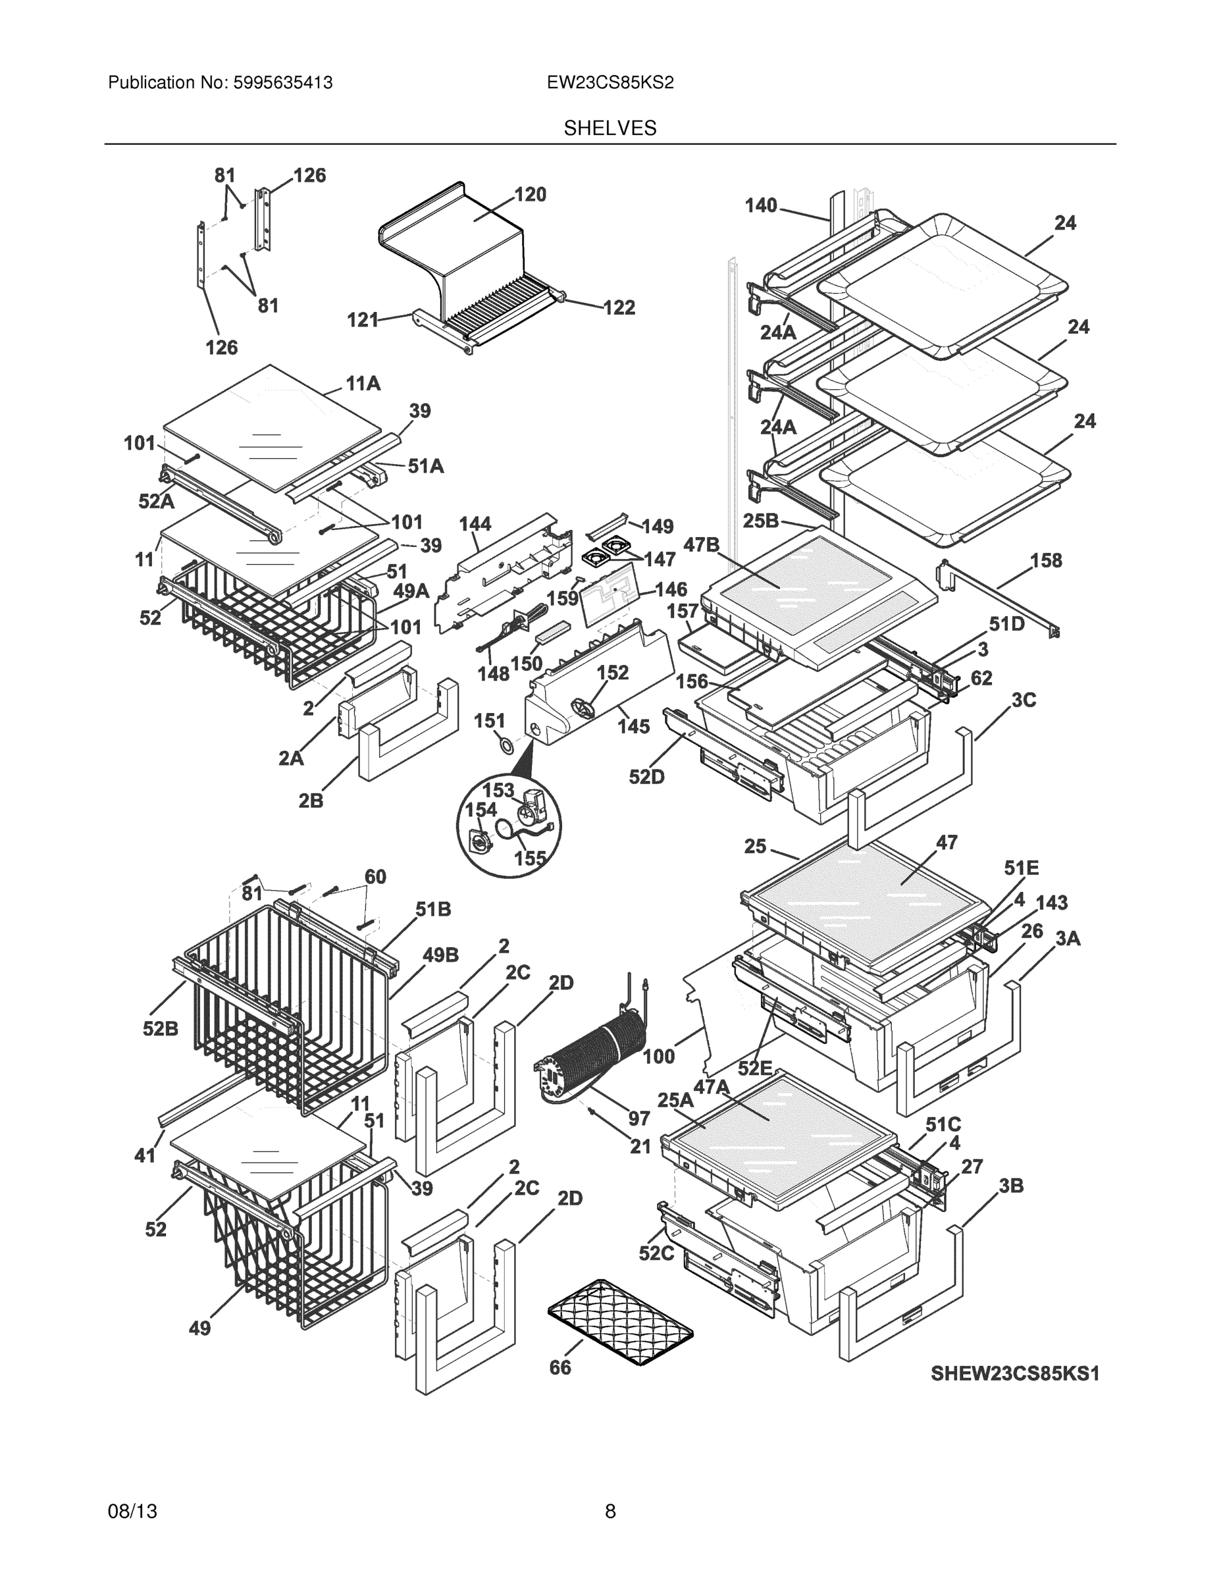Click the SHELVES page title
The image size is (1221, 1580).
tap(610, 128)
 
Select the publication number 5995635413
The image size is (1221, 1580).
tap(282, 82)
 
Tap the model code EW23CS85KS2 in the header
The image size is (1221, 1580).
tap(610, 82)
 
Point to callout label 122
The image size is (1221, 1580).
tap(619, 307)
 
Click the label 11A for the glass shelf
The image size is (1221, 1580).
tap(363, 383)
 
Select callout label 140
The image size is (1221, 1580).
tap(760, 205)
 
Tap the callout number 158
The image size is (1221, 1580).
tap(1046, 560)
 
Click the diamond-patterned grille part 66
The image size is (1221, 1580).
tap(619, 1322)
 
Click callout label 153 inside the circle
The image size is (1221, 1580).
tap(498, 790)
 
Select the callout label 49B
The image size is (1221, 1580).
tap(440, 955)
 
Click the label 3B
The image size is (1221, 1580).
tap(1010, 1186)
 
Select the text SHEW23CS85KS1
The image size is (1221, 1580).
tap(1014, 1373)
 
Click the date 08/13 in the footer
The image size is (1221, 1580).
tap(132, 1512)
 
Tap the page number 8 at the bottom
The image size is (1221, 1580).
tap(610, 1512)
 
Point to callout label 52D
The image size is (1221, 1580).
tap(646, 777)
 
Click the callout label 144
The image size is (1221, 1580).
tap(475, 523)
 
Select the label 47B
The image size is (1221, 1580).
tap(701, 544)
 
